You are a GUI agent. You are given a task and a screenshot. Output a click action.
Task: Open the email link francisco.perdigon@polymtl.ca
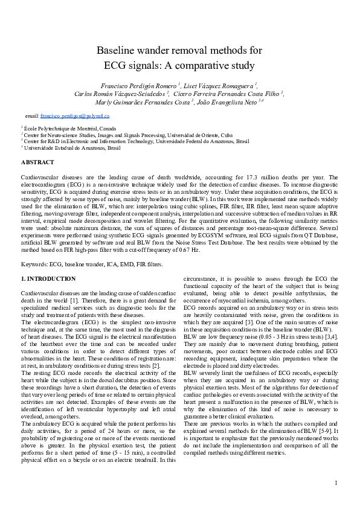(75, 115)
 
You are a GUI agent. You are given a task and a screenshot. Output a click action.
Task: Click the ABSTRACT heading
(37, 162)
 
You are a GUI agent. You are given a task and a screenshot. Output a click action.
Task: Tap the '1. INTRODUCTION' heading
(48, 278)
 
